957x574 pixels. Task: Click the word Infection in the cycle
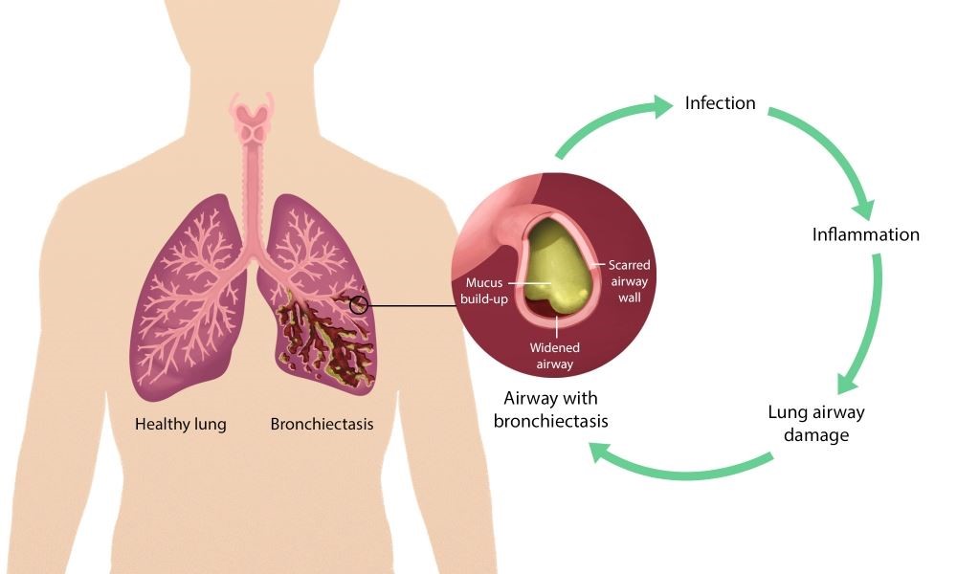[x=720, y=103]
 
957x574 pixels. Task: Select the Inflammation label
[x=865, y=234]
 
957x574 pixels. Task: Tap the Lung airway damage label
[x=815, y=423]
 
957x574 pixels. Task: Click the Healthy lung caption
[x=181, y=423]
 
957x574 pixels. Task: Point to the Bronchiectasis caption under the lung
[x=322, y=423]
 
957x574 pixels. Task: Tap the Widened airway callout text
[x=555, y=357]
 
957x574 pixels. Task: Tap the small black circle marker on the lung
[x=359, y=305]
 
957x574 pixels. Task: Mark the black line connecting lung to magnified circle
[x=412, y=306]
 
